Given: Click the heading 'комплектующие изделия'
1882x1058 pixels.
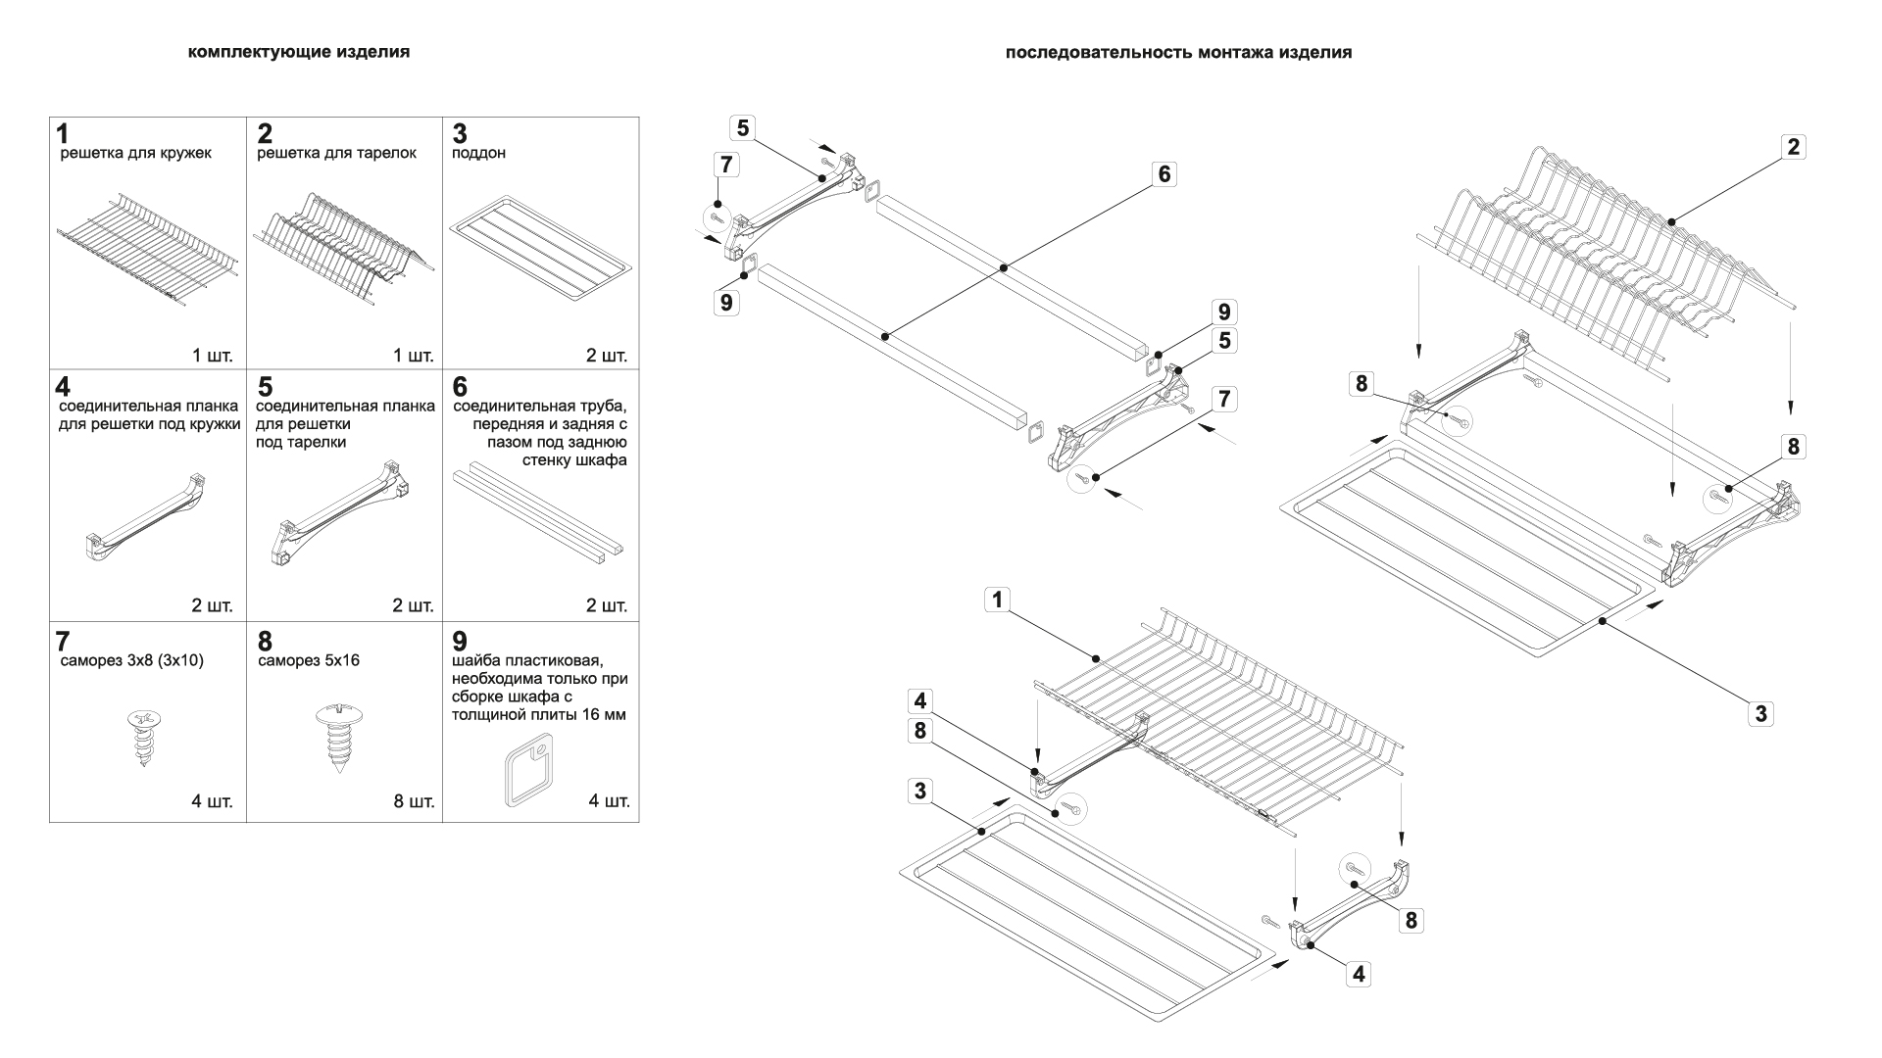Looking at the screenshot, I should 298,52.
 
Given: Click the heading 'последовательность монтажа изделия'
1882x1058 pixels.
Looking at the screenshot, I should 1178,53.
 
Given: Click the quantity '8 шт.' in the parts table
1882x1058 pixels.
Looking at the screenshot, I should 414,801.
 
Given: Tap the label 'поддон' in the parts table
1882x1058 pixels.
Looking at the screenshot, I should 478,154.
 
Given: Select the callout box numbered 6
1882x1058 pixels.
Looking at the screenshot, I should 1164,174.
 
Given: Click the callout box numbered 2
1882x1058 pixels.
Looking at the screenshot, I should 1793,147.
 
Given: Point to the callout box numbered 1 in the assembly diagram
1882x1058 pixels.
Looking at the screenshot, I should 997,600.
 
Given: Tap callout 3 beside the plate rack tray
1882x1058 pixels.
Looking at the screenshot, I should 1760,713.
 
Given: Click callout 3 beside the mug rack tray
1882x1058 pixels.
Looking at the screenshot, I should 918,791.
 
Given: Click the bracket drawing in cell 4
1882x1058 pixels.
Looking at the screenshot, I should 147,514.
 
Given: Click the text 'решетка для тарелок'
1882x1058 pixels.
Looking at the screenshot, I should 336,154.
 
